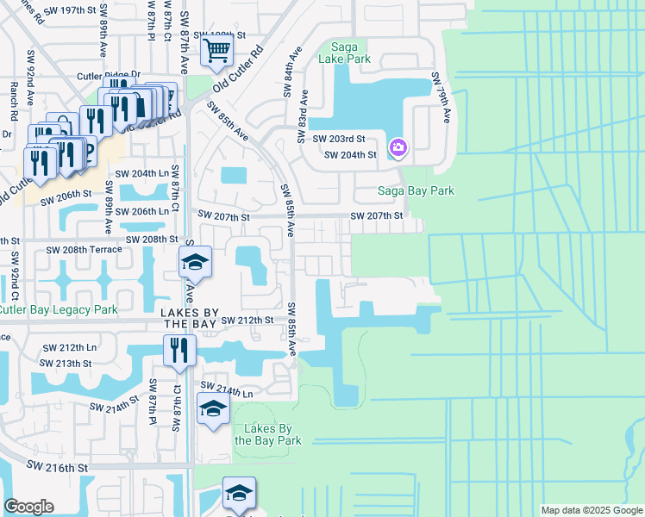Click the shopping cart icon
point(216,49)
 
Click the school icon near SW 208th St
point(196,262)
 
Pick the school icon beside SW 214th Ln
point(213,408)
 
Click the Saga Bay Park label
point(416,191)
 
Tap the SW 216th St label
point(57,465)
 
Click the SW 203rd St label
point(339,139)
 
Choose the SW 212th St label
point(247,320)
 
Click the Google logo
point(28,507)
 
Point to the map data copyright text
point(592,510)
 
